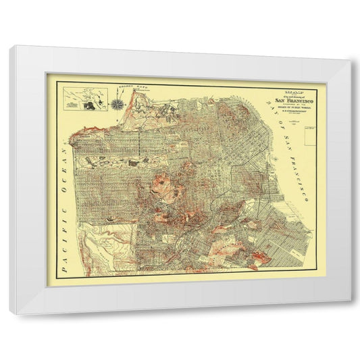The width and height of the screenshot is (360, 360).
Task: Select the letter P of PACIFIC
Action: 63,266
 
